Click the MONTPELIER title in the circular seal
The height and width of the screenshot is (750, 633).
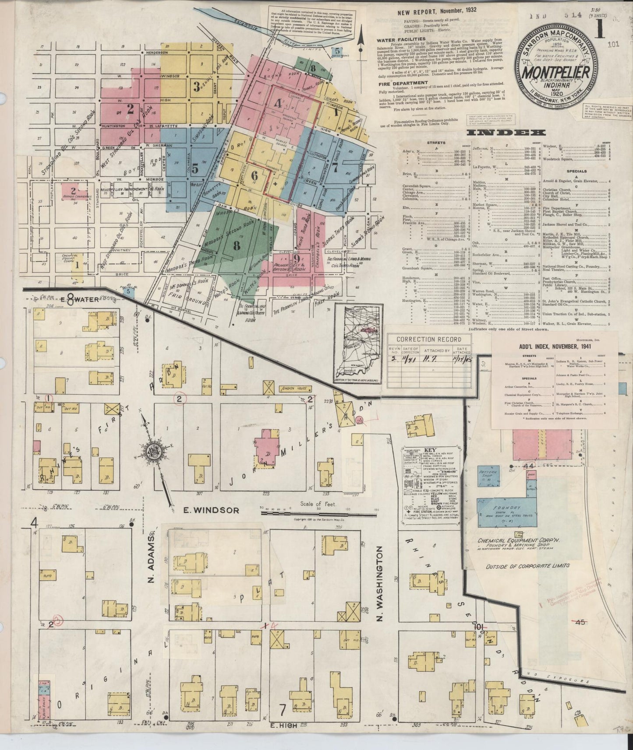pos(554,71)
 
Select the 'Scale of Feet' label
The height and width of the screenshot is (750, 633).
pos(318,504)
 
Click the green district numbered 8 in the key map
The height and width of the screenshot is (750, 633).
pos(237,245)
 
